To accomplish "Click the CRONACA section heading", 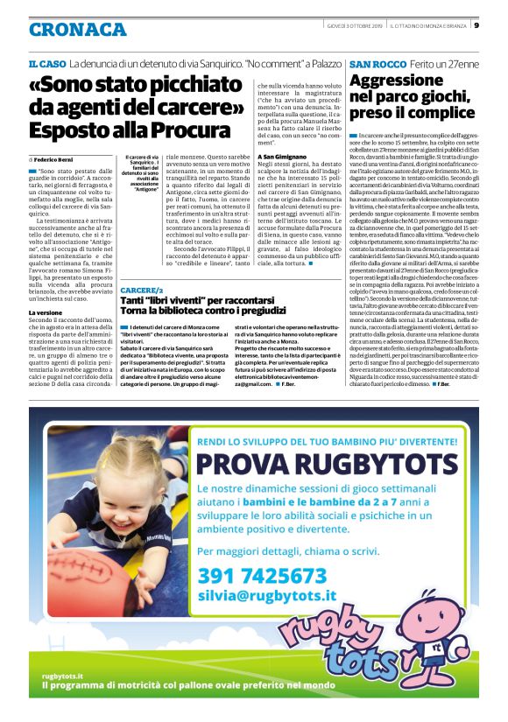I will tap(77, 29).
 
